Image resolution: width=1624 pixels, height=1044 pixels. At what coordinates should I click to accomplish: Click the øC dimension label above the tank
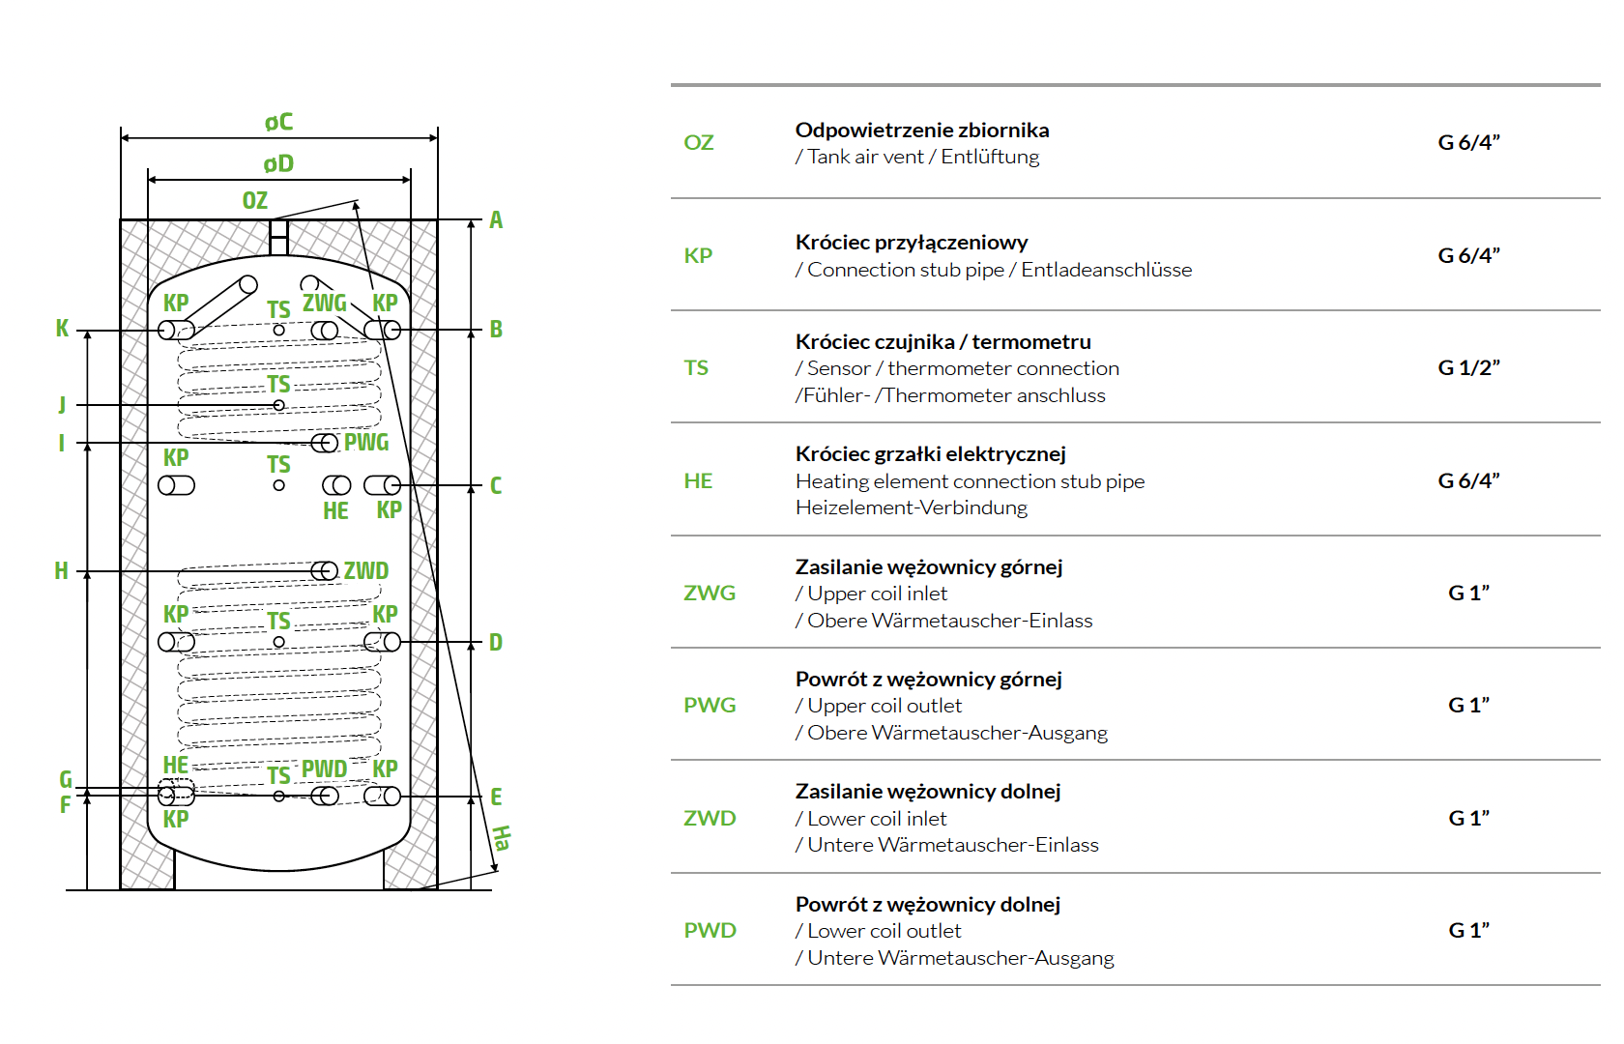coord(278,123)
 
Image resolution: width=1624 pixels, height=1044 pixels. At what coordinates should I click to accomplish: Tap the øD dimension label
coord(278,164)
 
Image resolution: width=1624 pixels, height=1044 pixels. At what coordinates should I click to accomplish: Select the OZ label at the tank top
coord(255,201)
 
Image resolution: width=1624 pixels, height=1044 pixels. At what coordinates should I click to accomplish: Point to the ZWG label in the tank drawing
coord(324,304)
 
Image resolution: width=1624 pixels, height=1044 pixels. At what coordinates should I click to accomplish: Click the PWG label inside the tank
coord(366,443)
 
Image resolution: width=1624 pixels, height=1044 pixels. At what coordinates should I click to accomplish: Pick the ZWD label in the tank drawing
coord(366,571)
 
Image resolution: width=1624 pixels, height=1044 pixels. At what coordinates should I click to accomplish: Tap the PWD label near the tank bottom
coord(324,769)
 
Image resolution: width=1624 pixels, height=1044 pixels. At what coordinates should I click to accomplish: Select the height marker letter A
coord(496,220)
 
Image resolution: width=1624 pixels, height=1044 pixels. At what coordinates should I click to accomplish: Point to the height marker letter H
coord(61,571)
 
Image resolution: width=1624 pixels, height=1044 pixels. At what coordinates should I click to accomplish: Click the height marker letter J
coord(62,404)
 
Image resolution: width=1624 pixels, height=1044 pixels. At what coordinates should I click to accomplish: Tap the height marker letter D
coord(496,643)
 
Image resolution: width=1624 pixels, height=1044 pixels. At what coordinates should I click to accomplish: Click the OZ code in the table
coord(699,143)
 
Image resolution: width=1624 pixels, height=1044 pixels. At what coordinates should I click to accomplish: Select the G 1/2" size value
coord(1468,368)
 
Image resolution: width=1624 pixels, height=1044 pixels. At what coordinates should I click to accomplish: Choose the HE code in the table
coord(698,481)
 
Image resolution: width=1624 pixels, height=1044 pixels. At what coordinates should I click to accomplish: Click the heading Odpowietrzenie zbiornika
coord(922,130)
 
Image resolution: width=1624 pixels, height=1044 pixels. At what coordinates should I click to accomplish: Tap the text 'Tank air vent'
coord(865,158)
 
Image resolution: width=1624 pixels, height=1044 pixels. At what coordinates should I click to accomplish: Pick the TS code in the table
coord(696,368)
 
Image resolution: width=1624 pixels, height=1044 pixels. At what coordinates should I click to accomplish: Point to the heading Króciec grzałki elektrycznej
coord(931,454)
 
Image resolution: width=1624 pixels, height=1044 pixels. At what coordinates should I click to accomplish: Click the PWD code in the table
coord(710,931)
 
